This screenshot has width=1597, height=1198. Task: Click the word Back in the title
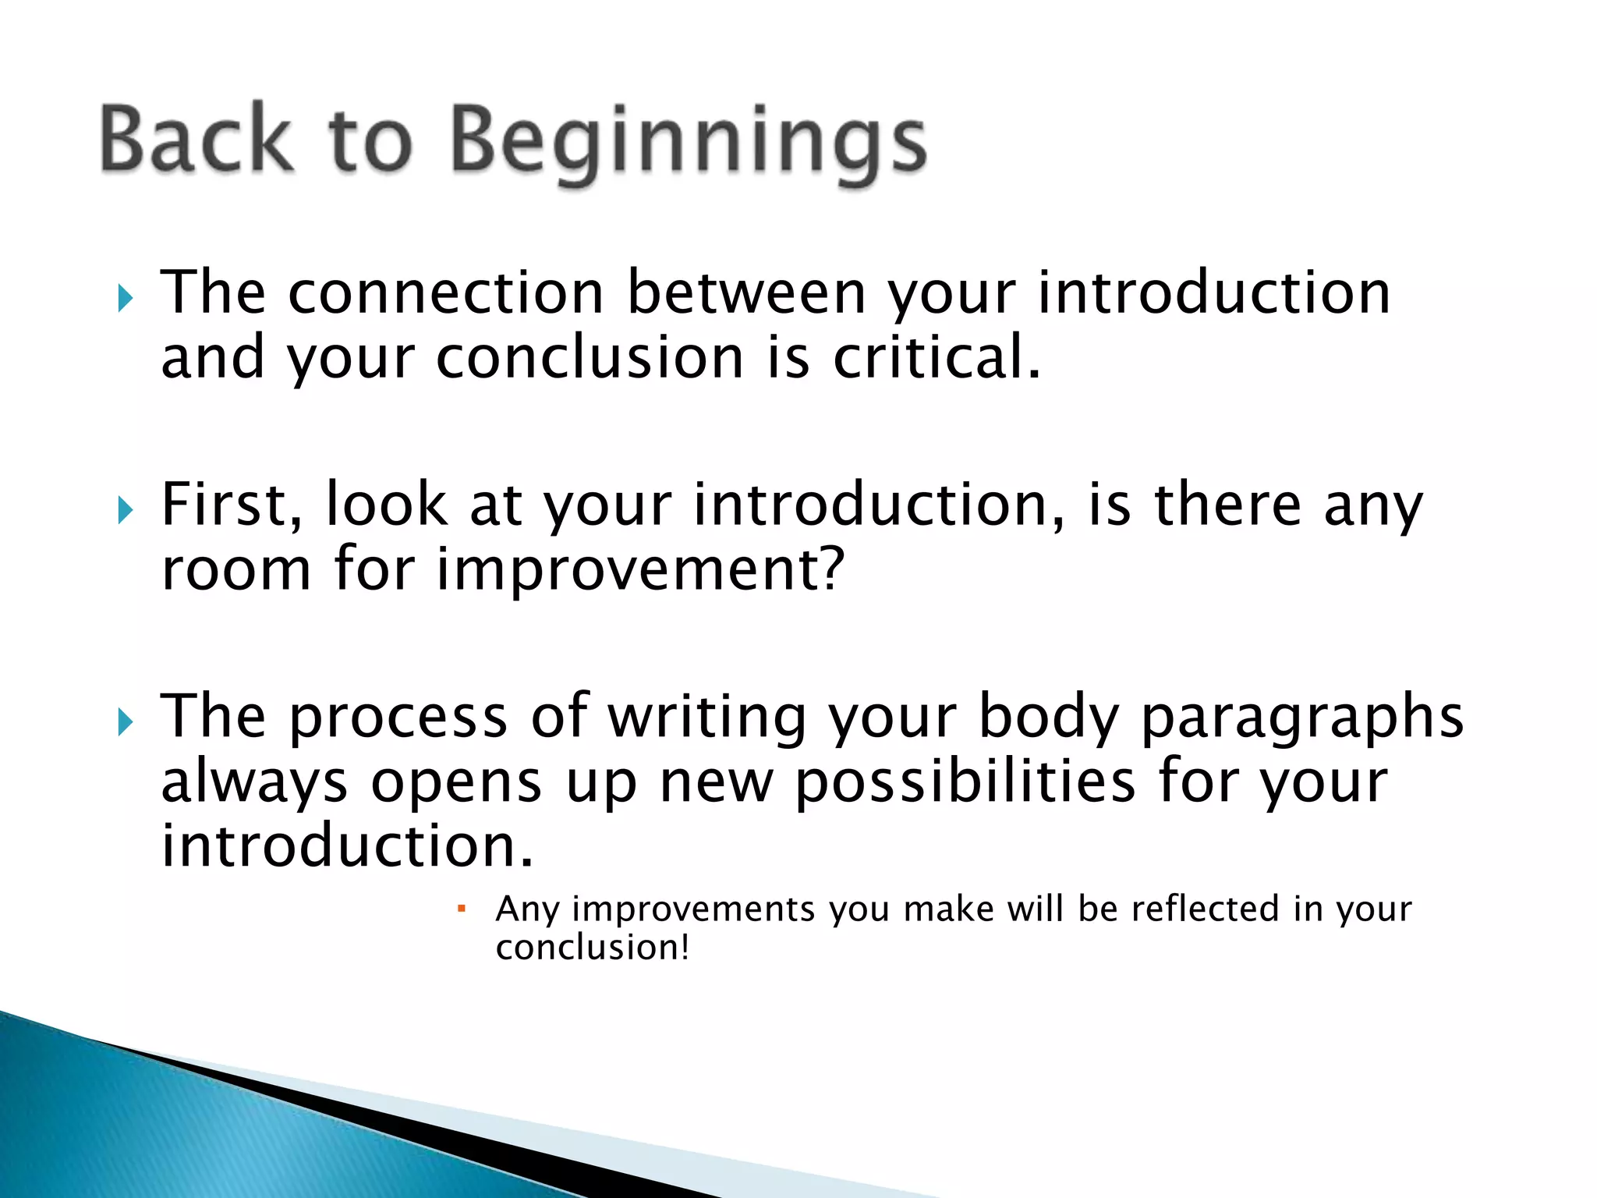click(x=197, y=139)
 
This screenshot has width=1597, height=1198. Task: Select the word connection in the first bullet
click(x=446, y=293)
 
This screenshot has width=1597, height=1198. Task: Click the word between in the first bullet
click(x=746, y=293)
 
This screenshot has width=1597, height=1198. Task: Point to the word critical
click(x=937, y=358)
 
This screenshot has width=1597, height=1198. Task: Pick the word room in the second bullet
click(x=236, y=570)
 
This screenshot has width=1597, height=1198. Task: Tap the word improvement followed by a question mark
click(x=639, y=570)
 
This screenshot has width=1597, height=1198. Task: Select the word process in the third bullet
click(x=398, y=718)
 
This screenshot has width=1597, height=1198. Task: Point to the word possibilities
click(x=965, y=782)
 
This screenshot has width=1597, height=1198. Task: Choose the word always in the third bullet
click(x=254, y=782)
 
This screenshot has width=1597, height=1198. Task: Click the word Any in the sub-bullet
click(x=528, y=909)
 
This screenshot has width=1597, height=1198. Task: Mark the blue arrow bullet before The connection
click(x=126, y=298)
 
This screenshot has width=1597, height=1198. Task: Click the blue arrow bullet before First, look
click(x=126, y=511)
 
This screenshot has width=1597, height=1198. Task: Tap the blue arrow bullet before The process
click(x=126, y=723)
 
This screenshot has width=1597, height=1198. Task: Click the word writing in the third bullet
click(x=706, y=718)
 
